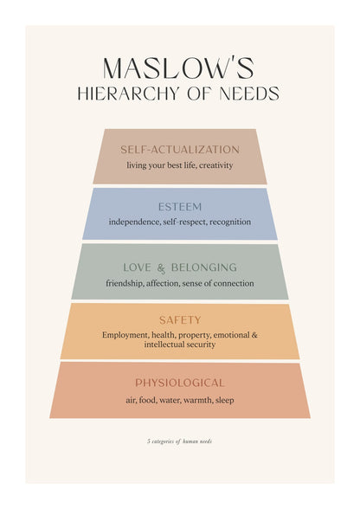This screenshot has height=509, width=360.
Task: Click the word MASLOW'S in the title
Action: click(178, 68)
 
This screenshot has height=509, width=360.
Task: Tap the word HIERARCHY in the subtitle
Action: click(128, 93)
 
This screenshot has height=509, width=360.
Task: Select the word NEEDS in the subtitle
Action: click(249, 93)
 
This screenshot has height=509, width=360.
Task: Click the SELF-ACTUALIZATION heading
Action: click(180, 150)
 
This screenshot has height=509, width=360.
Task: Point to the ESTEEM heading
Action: click(180, 207)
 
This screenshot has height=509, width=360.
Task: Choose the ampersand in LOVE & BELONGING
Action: click(161, 268)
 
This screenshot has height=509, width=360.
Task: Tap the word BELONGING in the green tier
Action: click(204, 267)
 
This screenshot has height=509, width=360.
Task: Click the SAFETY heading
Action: click(180, 320)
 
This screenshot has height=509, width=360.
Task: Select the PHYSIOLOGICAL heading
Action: click(180, 383)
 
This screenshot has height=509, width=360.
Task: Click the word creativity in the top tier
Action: click(215, 165)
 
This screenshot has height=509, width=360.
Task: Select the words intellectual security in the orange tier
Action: click(180, 345)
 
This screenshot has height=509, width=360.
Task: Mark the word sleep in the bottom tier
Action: click(225, 400)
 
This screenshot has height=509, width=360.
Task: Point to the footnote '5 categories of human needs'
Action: click(179, 441)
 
